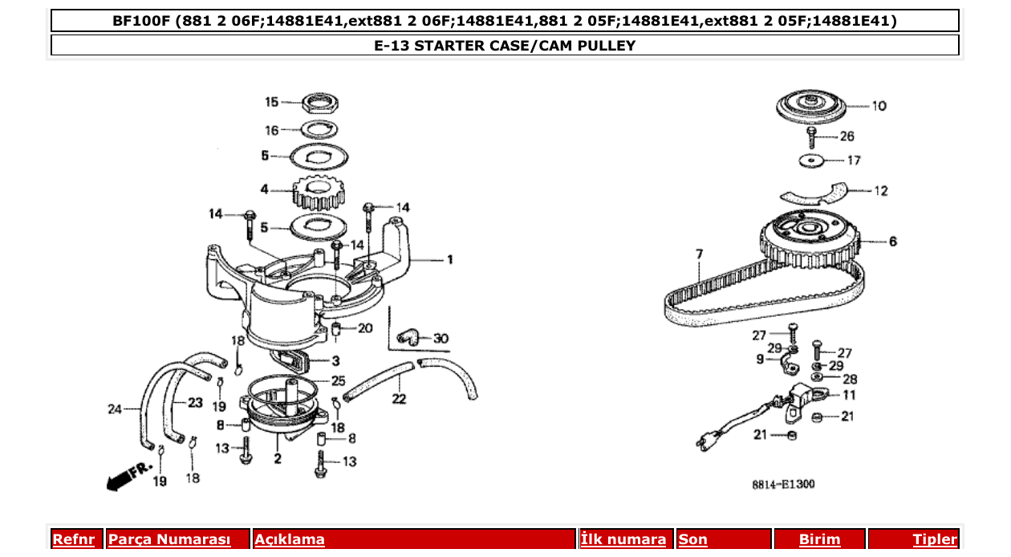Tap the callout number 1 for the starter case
450,259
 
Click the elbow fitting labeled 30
409,338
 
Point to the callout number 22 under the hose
399,399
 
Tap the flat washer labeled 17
813,161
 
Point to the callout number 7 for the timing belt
699,254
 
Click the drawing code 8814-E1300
783,485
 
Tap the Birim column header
819,539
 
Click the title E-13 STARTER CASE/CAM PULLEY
505,46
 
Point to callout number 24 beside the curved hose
115,409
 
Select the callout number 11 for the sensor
849,395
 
